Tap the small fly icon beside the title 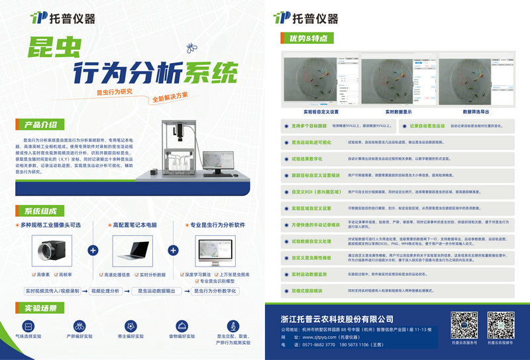click(191, 47)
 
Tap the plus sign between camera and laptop click(93, 251)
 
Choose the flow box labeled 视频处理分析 click(105, 290)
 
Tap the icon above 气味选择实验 click(28, 326)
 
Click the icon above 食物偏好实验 click(182, 326)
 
